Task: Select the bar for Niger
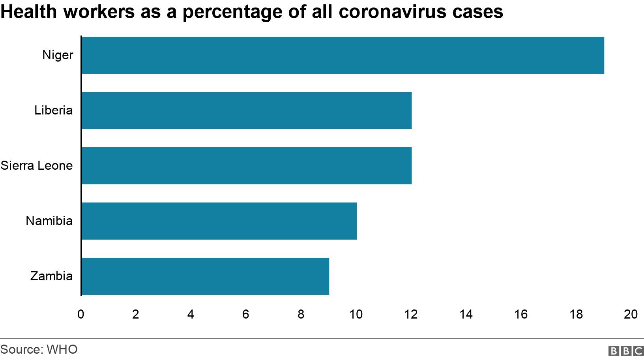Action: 343,55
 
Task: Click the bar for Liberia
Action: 247,111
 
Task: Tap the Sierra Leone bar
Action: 247,166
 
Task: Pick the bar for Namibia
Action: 219,221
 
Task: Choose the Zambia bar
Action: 205,276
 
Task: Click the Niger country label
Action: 58,55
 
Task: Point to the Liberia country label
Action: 54,110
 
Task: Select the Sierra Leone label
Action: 37,165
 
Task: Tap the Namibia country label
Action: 49,221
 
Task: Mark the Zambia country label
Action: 52,276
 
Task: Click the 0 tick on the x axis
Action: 81,314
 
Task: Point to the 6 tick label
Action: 246,314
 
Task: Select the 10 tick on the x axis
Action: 356,314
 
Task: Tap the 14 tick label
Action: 466,314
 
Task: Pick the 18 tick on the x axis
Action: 576,314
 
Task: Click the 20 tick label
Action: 631,314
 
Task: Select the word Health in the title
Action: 29,12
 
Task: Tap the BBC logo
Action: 626,351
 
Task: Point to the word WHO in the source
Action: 62,349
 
